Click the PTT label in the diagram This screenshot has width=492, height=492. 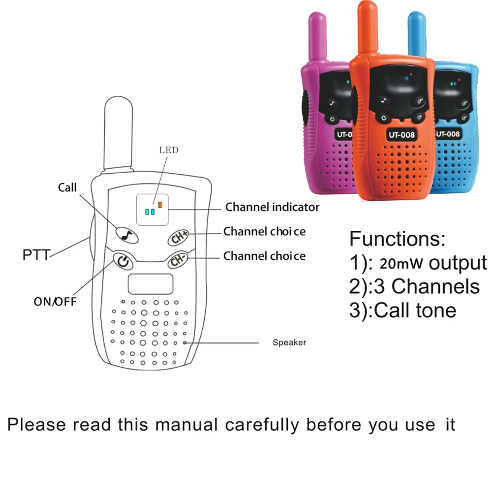pos(36,255)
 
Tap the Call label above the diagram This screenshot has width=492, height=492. pos(67,187)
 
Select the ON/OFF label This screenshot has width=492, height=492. pos(55,301)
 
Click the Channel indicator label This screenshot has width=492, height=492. pos(272,207)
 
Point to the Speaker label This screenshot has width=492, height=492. pos(289,342)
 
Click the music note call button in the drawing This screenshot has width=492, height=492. pos(127,235)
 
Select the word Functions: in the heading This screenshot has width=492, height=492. pos(397,239)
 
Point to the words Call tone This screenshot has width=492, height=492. pos(415,310)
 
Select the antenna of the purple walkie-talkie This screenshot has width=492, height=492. pos(318,37)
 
